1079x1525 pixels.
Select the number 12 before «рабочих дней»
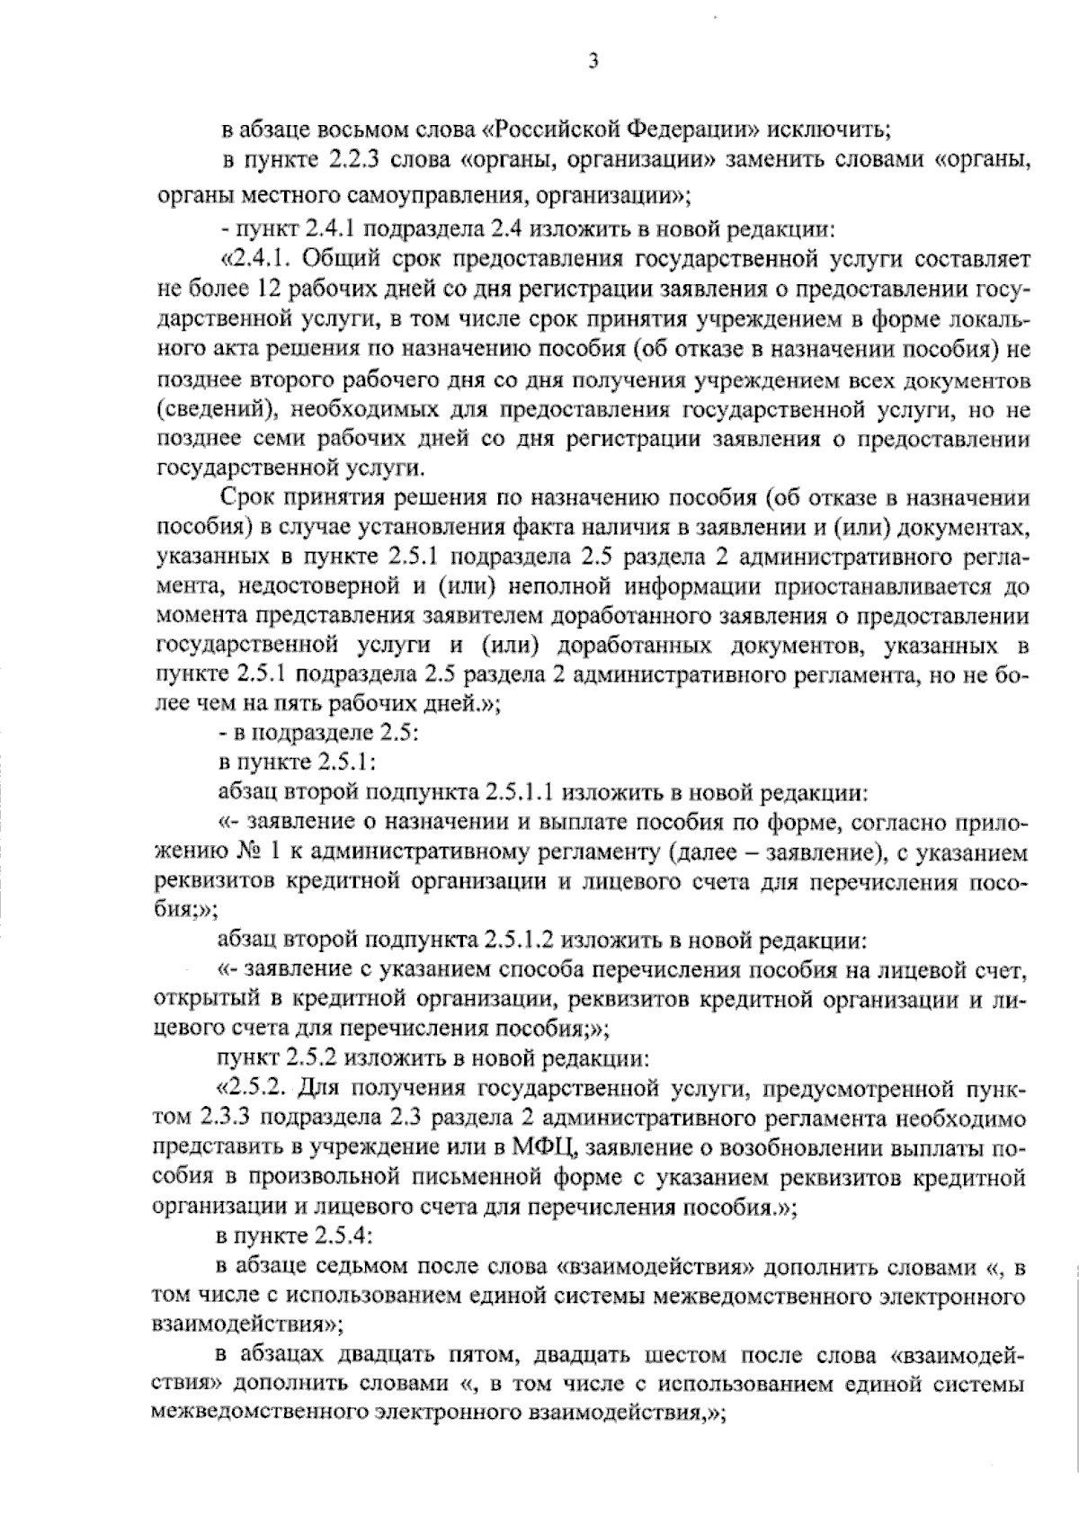tap(268, 290)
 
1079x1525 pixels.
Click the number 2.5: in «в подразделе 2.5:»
tap(394, 734)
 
